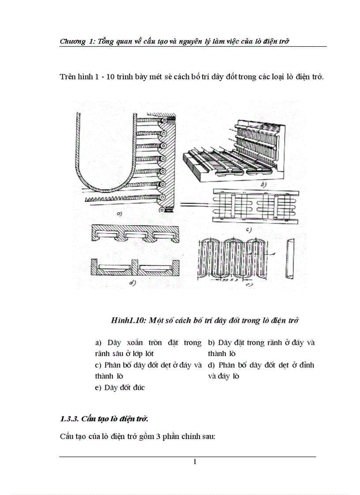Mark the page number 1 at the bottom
194,462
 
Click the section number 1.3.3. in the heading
70,418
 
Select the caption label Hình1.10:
127,320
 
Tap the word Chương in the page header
73,41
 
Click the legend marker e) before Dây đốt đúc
98,388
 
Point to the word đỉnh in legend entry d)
306,365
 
